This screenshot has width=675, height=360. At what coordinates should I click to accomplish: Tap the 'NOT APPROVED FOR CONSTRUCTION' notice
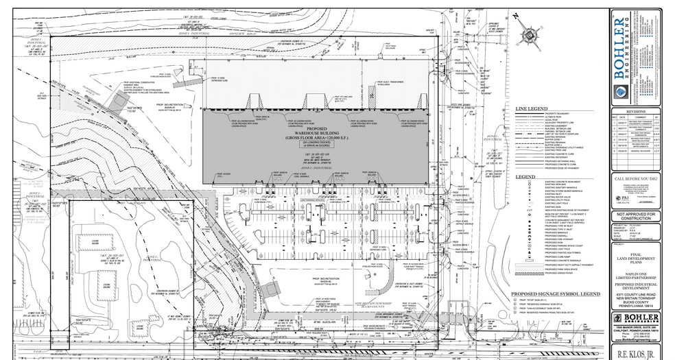point(636,216)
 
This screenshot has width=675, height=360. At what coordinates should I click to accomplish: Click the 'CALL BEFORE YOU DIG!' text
point(636,178)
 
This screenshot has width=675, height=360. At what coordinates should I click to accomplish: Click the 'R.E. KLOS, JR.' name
point(636,353)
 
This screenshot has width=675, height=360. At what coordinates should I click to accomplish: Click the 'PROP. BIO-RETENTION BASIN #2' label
point(322,280)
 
